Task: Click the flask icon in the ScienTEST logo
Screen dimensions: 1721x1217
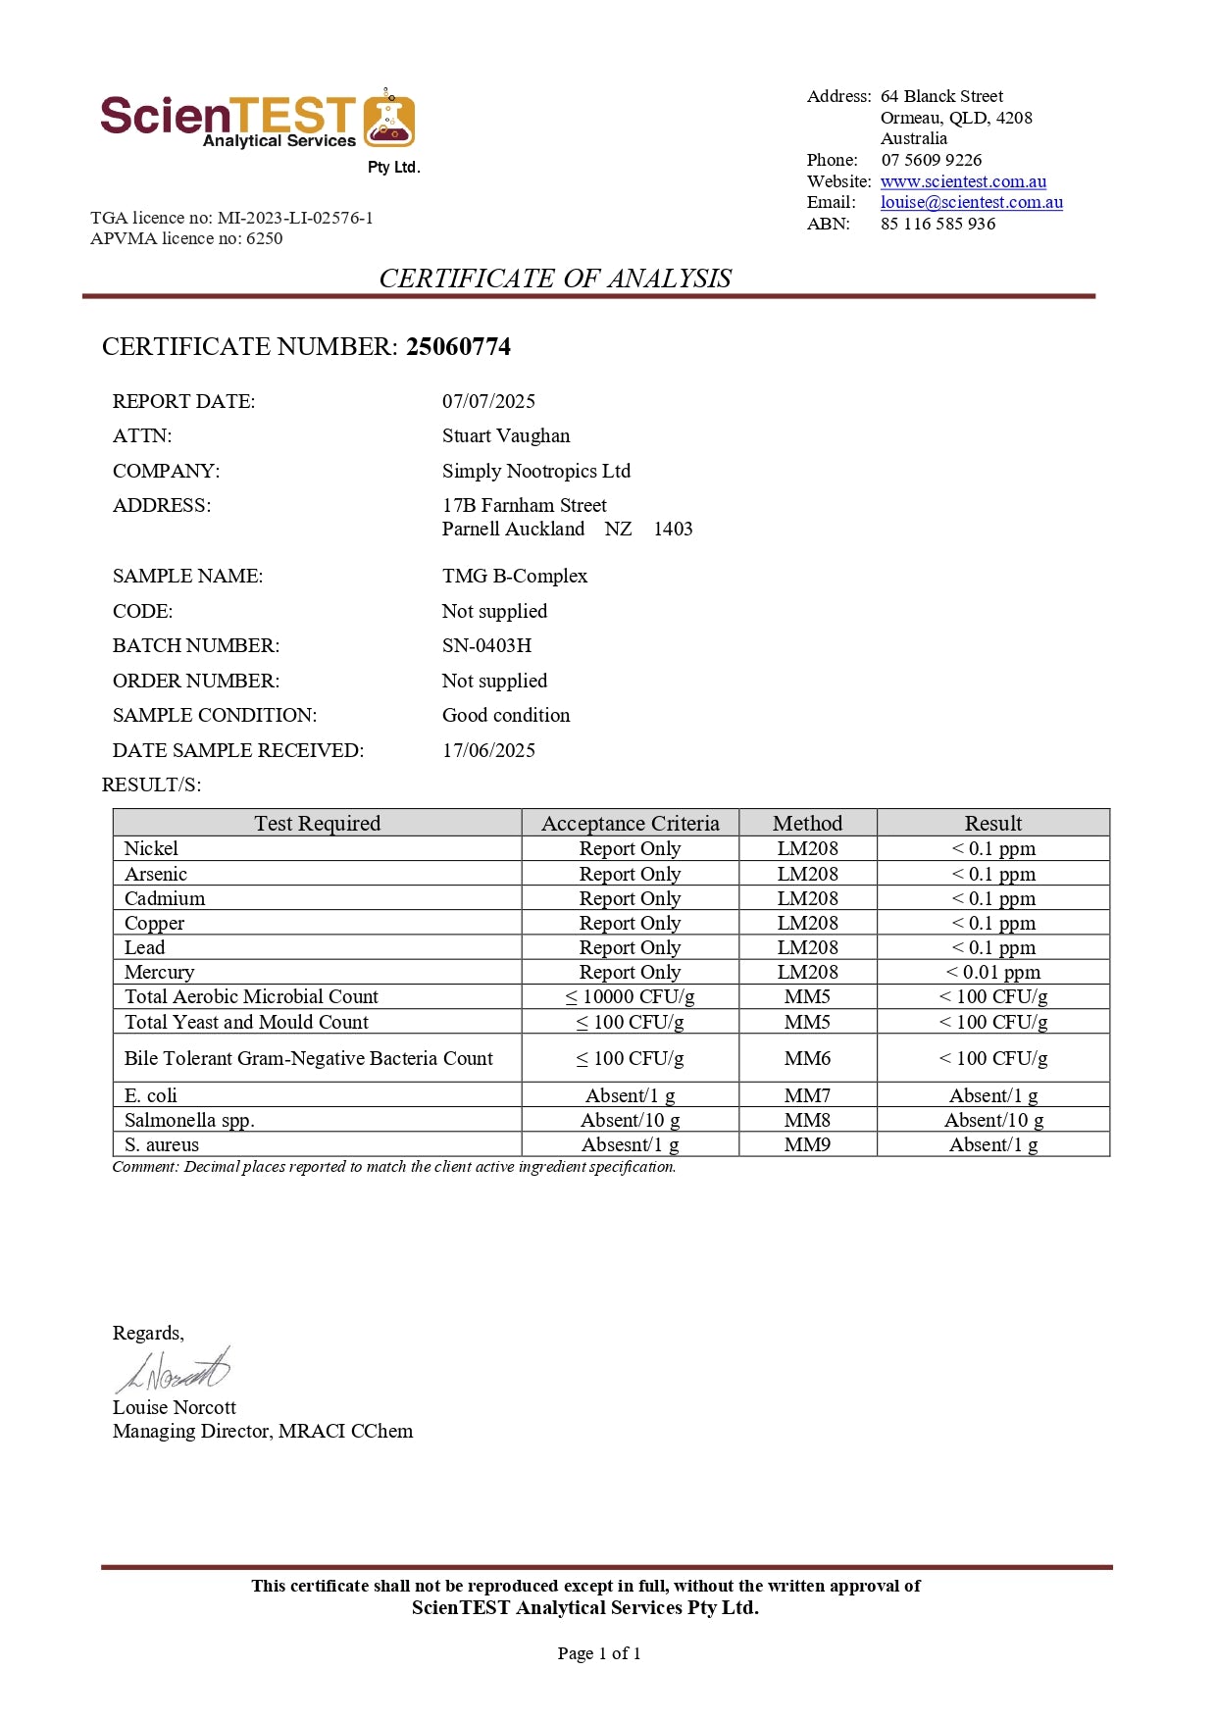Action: (389, 120)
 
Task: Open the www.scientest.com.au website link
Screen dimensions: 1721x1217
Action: (962, 181)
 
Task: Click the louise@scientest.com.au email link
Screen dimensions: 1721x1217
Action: (971, 202)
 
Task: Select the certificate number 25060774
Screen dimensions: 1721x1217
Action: (458, 346)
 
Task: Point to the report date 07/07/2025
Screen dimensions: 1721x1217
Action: (488, 401)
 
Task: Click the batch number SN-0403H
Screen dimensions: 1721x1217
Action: (486, 645)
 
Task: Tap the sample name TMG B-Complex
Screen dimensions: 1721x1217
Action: (514, 576)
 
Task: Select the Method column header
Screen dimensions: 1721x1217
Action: (807, 823)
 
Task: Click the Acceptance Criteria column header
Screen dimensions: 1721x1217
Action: (630, 823)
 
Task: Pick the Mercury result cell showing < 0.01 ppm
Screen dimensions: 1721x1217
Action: (992, 972)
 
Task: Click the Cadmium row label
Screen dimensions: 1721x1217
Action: (165, 898)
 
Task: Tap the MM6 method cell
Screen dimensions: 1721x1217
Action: (807, 1058)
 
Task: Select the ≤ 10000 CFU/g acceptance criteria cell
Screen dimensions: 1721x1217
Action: (630, 996)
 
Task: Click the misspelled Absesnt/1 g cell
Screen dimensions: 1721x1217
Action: (630, 1144)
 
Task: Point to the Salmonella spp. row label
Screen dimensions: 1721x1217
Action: (189, 1120)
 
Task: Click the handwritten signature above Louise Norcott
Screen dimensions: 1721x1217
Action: (174, 1371)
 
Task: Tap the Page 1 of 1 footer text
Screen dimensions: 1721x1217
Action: (598, 1653)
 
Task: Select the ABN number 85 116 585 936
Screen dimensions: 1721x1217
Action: (938, 224)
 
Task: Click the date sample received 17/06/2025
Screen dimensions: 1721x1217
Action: (488, 750)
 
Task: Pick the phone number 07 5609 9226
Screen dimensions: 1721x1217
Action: (931, 160)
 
